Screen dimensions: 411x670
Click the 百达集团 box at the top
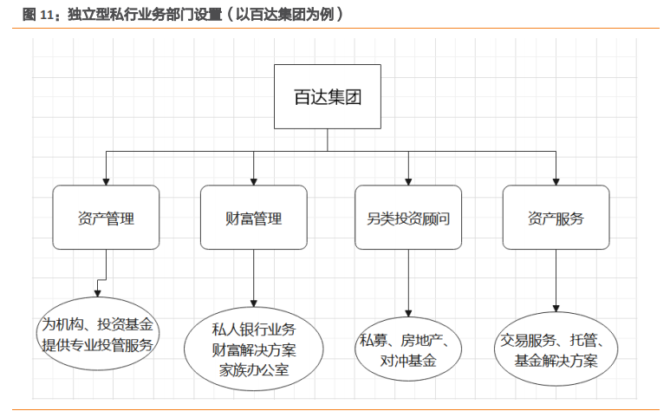[327, 97]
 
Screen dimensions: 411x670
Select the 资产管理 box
[106, 218]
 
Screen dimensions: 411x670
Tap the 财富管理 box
[253, 218]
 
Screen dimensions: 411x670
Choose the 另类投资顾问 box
[408, 218]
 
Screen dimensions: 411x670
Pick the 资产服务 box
[556, 218]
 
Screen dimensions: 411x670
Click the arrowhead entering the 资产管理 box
[106, 180]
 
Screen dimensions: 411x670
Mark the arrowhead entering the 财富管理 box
[253, 180]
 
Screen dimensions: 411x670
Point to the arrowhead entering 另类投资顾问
[408, 180]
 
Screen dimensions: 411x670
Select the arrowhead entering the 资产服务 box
[556, 180]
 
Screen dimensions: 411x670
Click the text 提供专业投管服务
[98, 345]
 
